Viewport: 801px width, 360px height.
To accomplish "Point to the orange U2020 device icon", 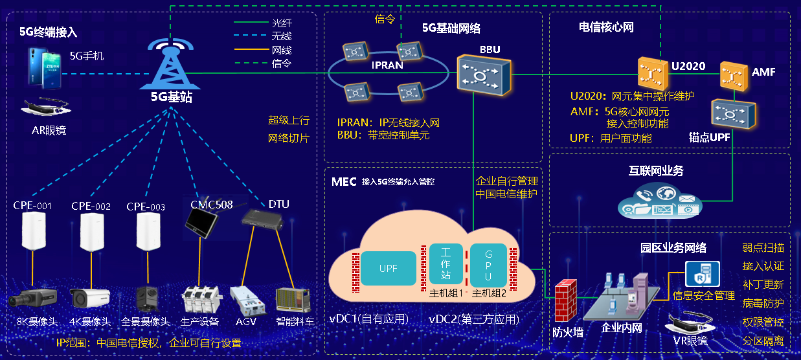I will pyautogui.click(x=651, y=74).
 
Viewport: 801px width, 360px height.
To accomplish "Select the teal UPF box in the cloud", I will pyautogui.click(x=389, y=268).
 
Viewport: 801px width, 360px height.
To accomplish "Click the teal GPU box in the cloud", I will pyautogui.click(x=489, y=264).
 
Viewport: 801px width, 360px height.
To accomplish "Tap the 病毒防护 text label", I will pyautogui.click(x=763, y=303).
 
